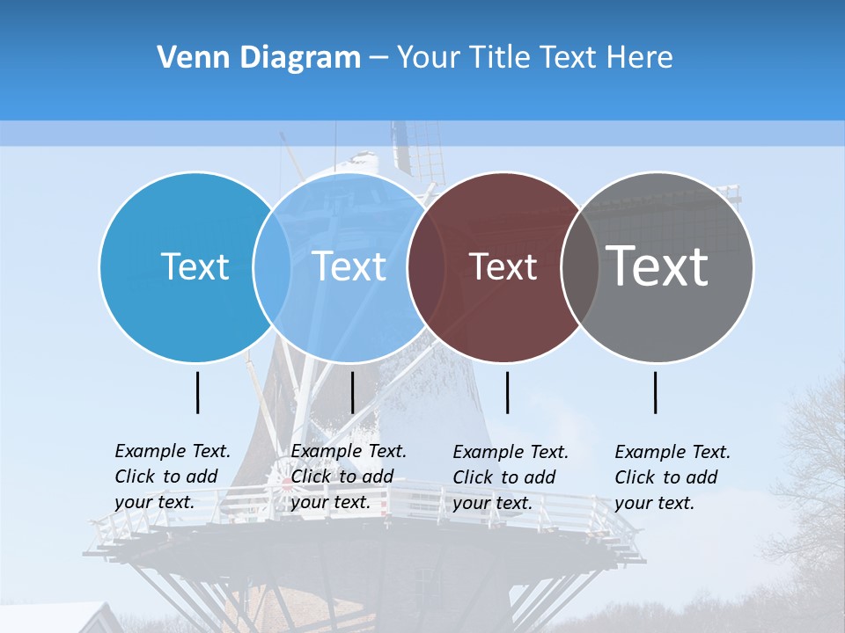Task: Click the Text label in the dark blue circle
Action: click(195, 266)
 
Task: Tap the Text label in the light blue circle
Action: click(349, 266)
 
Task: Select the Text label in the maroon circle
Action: click(503, 266)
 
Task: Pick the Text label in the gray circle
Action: click(658, 266)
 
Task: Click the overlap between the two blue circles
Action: click(272, 266)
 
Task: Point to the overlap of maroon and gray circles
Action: click(580, 266)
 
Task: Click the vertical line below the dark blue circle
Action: click(198, 392)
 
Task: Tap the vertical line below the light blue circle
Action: click(352, 392)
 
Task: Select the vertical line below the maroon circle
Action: click(508, 392)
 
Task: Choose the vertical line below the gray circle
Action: click(656, 392)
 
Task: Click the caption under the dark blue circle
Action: click(173, 477)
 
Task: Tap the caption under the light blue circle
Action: click(349, 477)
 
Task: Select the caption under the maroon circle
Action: click(511, 477)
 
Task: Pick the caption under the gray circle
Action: click(672, 477)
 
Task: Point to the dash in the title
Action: click(378, 59)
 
